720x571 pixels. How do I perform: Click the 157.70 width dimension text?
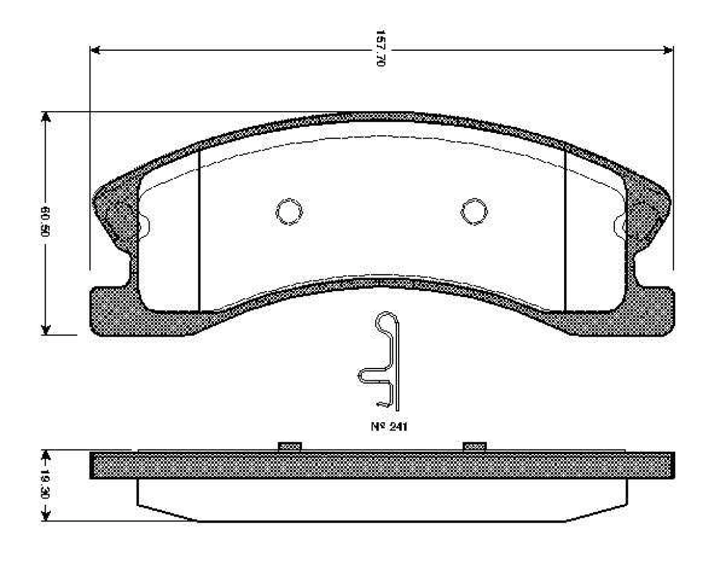pos(381,48)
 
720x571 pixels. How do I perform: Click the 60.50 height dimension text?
pos(45,221)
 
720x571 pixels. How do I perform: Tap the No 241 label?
pos(389,426)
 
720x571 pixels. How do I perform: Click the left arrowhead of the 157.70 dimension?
pos(95,50)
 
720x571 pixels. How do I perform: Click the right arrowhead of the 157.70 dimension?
pos(668,50)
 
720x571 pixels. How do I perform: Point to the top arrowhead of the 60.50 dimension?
pos(45,117)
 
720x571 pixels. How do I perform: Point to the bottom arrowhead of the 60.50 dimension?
pos(45,329)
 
